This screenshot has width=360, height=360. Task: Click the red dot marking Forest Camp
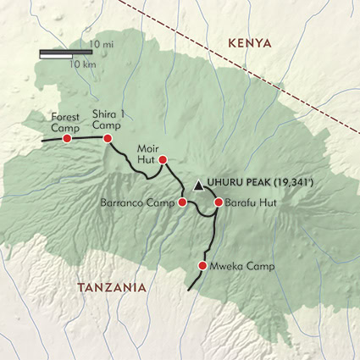pyautogui.click(x=67, y=138)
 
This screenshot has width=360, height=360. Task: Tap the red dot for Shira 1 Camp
pyautogui.click(x=108, y=138)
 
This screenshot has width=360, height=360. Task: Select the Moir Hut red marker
pyautogui.click(x=163, y=159)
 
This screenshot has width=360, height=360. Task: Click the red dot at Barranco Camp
pyautogui.click(x=182, y=202)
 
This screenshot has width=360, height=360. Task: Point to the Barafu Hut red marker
pyautogui.click(x=218, y=202)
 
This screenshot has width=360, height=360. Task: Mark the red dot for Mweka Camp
pyautogui.click(x=202, y=266)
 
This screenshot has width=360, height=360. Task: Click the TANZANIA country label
pyautogui.click(x=112, y=287)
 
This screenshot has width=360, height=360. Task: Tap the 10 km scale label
pyautogui.click(x=81, y=64)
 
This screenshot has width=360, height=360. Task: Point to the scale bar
pyautogui.click(x=66, y=53)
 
